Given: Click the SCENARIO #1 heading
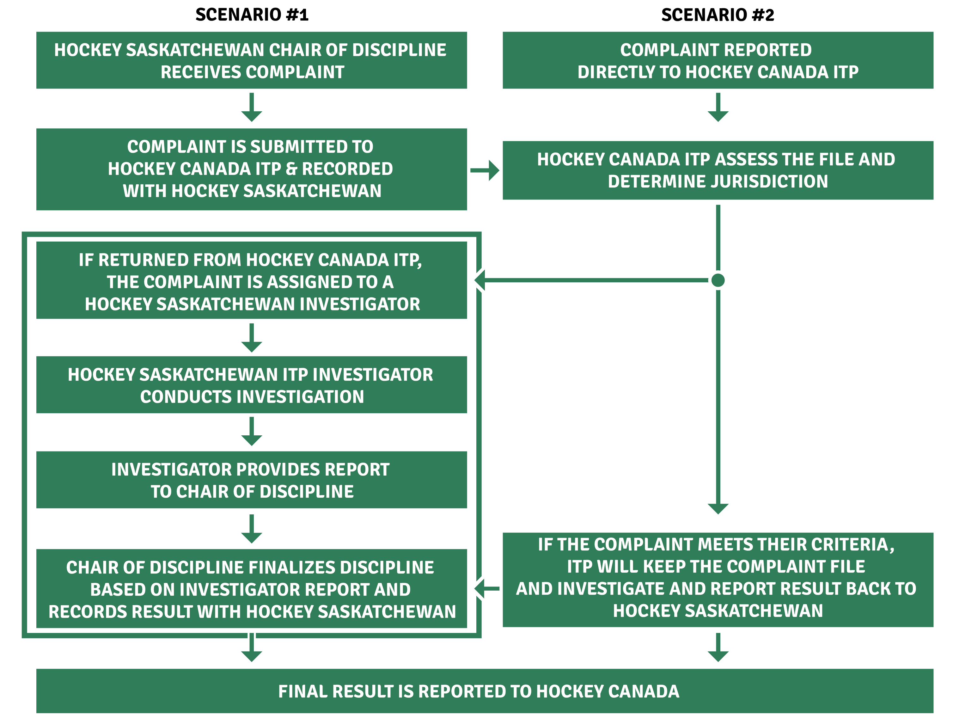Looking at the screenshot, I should [x=252, y=15].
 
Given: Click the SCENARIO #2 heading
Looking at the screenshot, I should [x=718, y=15].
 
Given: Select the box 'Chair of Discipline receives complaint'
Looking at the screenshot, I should [x=252, y=60].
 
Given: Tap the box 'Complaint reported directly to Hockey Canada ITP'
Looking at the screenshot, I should [x=718, y=60].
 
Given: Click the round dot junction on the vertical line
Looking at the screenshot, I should [x=718, y=280].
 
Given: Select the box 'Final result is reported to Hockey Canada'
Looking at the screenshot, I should [x=485, y=691].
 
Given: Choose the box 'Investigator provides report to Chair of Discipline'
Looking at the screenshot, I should [x=252, y=480].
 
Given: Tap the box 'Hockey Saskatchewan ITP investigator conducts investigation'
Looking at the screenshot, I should [x=252, y=385].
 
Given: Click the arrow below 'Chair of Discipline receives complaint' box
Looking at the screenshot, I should [x=252, y=108].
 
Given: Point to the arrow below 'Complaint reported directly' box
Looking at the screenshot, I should [x=718, y=108].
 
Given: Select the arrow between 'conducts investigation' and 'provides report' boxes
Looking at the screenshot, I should [x=252, y=432].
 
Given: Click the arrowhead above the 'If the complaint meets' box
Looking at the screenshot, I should [x=718, y=508].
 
